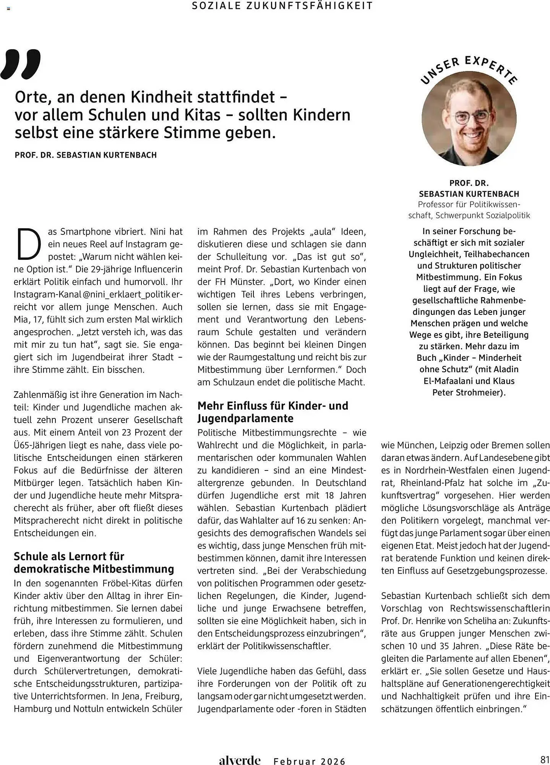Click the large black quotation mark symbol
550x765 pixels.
[21, 64]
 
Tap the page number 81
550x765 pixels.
[544, 759]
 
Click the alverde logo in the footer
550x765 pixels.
[240, 760]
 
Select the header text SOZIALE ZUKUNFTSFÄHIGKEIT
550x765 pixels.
[282, 6]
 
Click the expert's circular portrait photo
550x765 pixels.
[469, 119]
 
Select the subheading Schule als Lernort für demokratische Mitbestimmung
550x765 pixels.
[94, 562]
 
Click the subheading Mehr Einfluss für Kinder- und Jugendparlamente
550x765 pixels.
[273, 412]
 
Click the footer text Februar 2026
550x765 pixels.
[310, 761]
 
